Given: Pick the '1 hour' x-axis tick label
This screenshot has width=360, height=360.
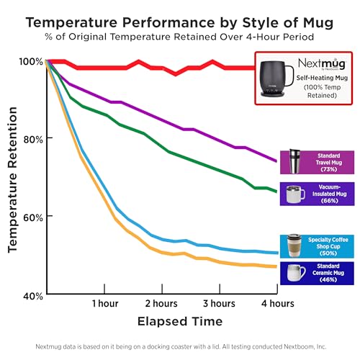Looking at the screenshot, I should point(105,303).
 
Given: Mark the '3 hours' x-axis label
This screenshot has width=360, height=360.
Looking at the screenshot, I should point(219,303).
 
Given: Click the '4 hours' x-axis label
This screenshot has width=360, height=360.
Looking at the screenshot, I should point(276,303).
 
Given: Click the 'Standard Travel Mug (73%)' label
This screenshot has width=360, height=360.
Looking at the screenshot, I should point(328,162).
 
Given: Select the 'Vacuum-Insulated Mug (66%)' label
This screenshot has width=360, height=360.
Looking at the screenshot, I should point(328,194).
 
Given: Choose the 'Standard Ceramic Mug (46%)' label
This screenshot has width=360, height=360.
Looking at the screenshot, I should point(328,273).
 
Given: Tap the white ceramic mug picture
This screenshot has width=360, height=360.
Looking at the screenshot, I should point(296,273).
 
